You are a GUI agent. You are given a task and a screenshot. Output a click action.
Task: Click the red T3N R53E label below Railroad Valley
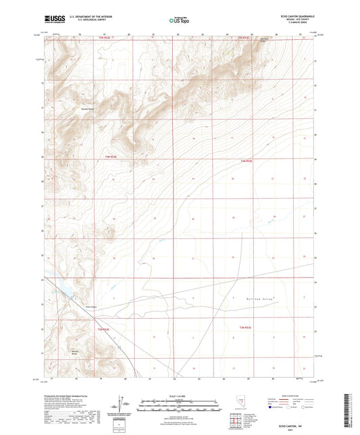[245, 327]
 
